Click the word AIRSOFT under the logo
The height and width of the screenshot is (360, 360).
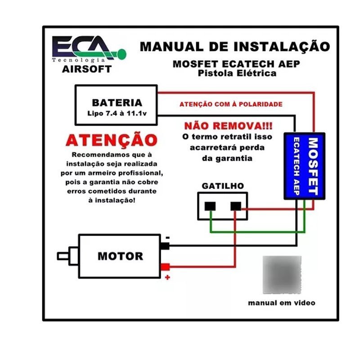click(x=87, y=69)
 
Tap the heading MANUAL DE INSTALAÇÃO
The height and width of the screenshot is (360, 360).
click(x=234, y=46)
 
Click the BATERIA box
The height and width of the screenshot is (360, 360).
click(x=117, y=105)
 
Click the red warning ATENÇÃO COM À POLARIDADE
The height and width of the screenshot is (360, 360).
click(x=231, y=104)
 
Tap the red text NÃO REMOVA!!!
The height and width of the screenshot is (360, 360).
click(x=228, y=125)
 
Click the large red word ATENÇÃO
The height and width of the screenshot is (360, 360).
click(x=112, y=140)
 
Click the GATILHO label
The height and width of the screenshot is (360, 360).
click(x=223, y=185)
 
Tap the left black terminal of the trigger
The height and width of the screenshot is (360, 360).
click(x=210, y=206)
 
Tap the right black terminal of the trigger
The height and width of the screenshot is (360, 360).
click(x=235, y=206)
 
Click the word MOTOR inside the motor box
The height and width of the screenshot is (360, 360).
click(x=120, y=256)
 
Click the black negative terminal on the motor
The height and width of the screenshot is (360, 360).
click(x=165, y=246)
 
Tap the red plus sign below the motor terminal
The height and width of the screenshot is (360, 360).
click(x=167, y=277)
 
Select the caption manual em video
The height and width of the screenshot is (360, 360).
click(x=282, y=303)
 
